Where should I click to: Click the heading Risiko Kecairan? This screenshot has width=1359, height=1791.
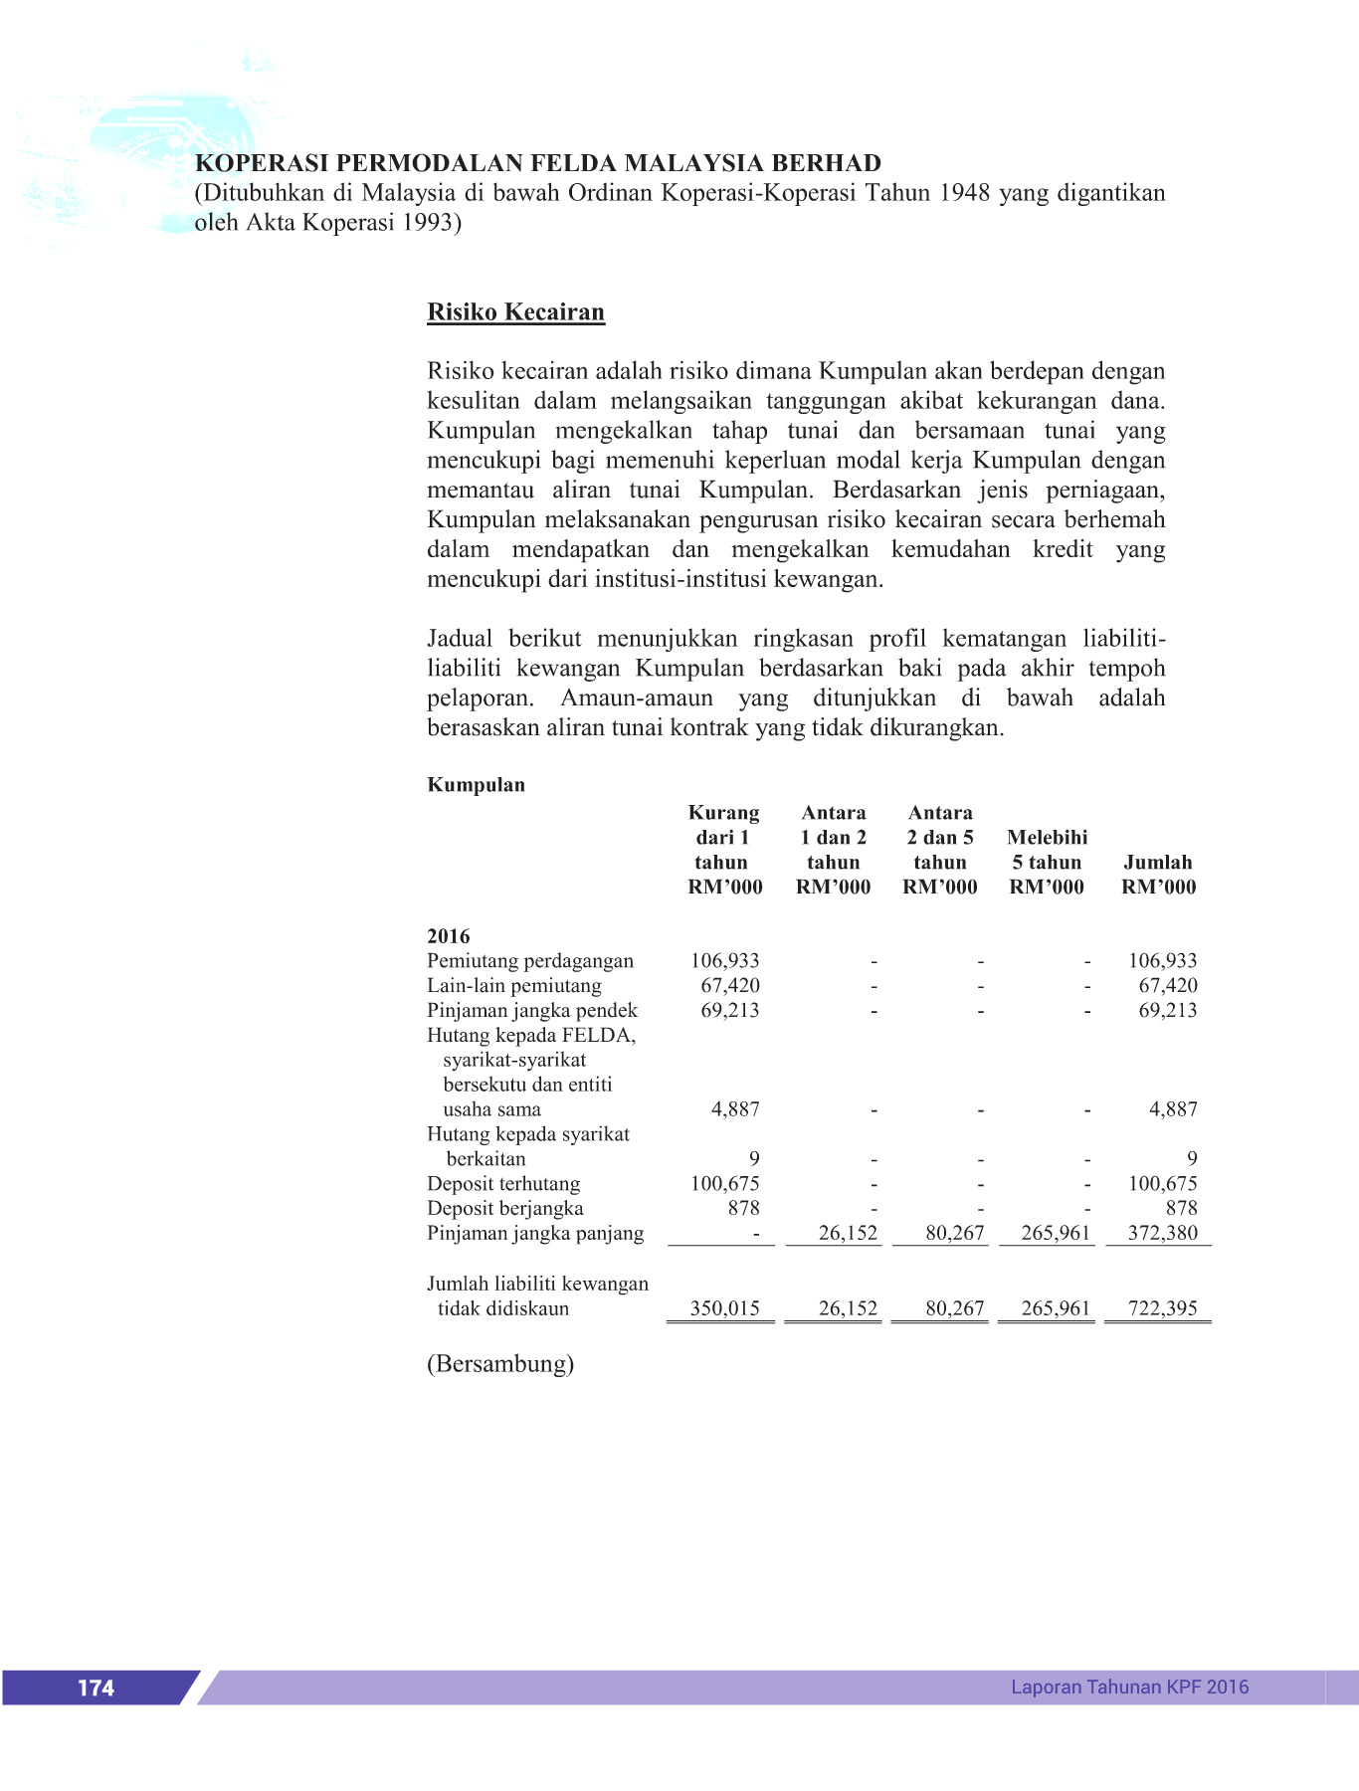pyautogui.click(x=515, y=312)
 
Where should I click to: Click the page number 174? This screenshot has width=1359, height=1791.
pyautogui.click(x=96, y=1688)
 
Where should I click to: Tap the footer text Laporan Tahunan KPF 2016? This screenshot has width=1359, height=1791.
pyautogui.click(x=1129, y=1687)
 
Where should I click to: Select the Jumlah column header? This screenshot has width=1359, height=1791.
pyautogui.click(x=1158, y=875)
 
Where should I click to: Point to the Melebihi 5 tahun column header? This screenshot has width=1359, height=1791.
pyautogui.click(x=1047, y=862)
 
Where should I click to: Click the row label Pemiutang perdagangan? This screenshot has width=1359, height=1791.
pyautogui.click(x=530, y=961)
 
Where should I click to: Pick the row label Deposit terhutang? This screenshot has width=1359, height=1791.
pyautogui.click(x=503, y=1184)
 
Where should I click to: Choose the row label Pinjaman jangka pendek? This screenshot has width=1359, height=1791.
pyautogui.click(x=532, y=1011)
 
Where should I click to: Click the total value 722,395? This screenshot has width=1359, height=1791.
pyautogui.click(x=1162, y=1308)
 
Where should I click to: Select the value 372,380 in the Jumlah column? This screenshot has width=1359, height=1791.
pyautogui.click(x=1162, y=1234)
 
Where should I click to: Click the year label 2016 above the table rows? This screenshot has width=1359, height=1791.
pyautogui.click(x=449, y=936)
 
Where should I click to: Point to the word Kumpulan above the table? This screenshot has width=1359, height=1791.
pyautogui.click(x=476, y=785)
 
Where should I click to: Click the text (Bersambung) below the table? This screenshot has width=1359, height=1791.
pyautogui.click(x=500, y=1364)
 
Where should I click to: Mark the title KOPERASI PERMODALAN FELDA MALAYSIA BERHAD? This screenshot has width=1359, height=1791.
pyautogui.click(x=538, y=163)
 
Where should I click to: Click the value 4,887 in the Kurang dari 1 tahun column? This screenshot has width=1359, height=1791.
pyautogui.click(x=735, y=1109)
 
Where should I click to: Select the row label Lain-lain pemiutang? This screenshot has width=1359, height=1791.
pyautogui.click(x=514, y=986)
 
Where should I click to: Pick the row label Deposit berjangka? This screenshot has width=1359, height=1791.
pyautogui.click(x=505, y=1209)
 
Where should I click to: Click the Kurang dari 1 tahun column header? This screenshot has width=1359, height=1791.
pyautogui.click(x=724, y=850)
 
